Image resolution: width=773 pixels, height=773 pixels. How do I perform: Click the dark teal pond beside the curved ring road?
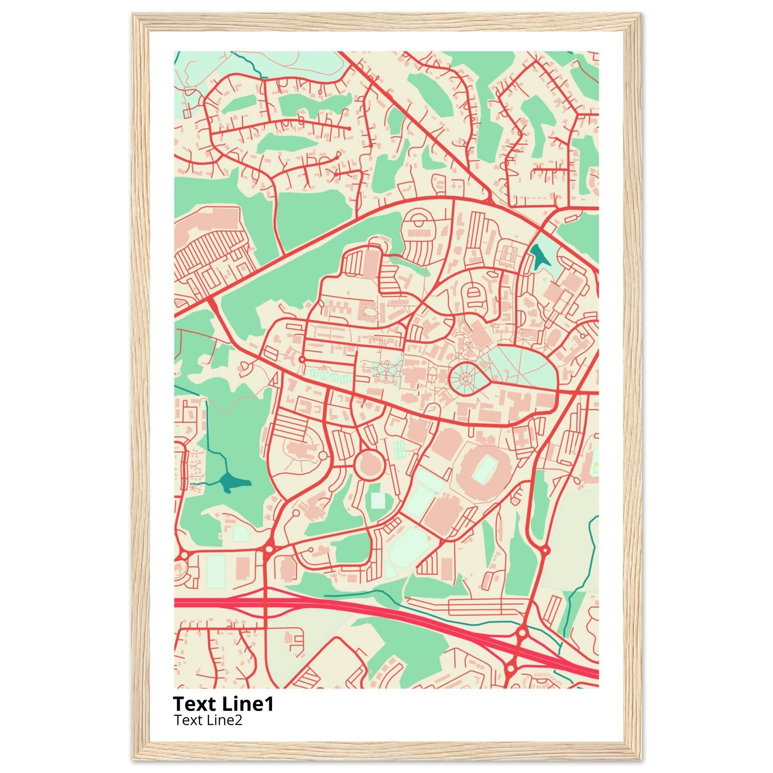[x=538, y=255]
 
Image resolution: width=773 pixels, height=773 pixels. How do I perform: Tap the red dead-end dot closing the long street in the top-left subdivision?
[x=349, y=128]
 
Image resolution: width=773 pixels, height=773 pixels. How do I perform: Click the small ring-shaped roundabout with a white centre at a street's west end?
[x=302, y=360]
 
